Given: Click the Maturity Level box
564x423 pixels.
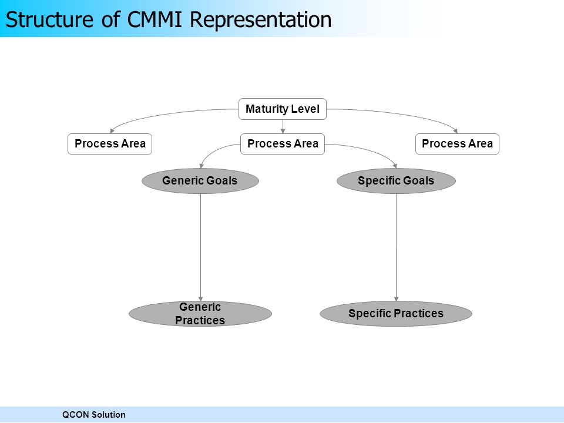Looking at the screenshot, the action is (283, 109).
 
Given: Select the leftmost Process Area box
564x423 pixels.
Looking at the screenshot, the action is (110, 144).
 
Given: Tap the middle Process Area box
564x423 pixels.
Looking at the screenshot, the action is (283, 144).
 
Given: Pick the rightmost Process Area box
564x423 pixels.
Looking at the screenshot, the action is (457, 144).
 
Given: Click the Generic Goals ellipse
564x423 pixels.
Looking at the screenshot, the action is (200, 180).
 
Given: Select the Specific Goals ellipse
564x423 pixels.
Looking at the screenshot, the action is (396, 180).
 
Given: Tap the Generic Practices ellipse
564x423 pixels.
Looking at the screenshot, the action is (200, 314).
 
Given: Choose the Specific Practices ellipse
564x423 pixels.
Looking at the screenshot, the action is (396, 314).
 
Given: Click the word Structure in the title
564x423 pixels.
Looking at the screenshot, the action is (49, 19).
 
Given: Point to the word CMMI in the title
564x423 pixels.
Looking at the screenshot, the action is (155, 19).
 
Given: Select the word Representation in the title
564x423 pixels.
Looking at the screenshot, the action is (260, 20).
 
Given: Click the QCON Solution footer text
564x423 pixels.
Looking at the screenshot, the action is (94, 415).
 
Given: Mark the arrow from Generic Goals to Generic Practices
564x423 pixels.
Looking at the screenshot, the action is (200, 247).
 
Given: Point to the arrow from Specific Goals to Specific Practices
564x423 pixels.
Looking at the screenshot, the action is (397, 247).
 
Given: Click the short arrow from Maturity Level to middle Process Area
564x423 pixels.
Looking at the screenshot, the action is (283, 127).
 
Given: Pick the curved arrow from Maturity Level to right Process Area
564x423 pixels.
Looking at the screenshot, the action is (399, 115).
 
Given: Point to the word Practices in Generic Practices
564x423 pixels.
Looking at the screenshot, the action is (200, 320).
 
